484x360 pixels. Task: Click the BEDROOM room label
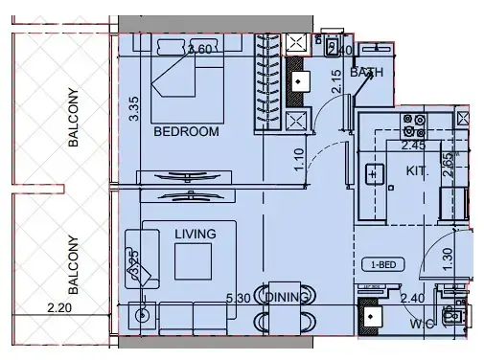tap(187, 131)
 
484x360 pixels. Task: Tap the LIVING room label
tap(195, 233)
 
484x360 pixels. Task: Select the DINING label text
tap(288, 298)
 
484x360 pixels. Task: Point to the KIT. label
tap(416, 170)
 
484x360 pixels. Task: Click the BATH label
tap(366, 72)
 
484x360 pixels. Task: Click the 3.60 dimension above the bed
tap(199, 50)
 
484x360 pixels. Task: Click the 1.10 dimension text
tap(298, 158)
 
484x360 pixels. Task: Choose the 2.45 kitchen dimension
tap(413, 146)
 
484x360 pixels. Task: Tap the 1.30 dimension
tap(447, 259)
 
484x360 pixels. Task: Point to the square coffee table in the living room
tap(192, 260)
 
